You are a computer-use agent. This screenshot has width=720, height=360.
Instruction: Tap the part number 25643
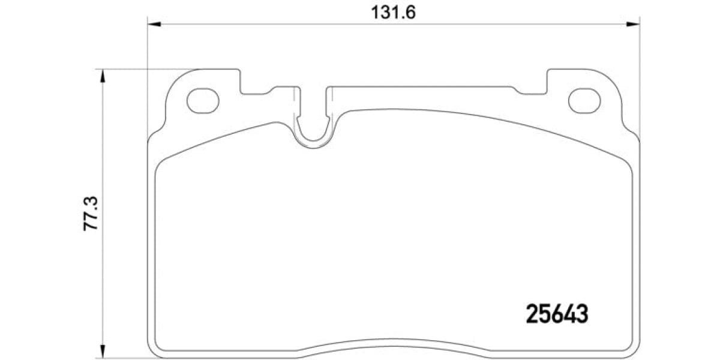tap(556, 314)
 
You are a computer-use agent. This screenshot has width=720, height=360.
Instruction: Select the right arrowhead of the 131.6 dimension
tap(633, 24)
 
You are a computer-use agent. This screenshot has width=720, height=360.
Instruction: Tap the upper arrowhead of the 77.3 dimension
tap(103, 76)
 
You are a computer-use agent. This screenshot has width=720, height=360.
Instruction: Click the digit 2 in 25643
tap(532, 314)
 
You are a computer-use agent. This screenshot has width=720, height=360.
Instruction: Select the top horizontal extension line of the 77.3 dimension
tap(150, 69)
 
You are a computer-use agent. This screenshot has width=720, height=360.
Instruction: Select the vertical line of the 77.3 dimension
tap(103, 150)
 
